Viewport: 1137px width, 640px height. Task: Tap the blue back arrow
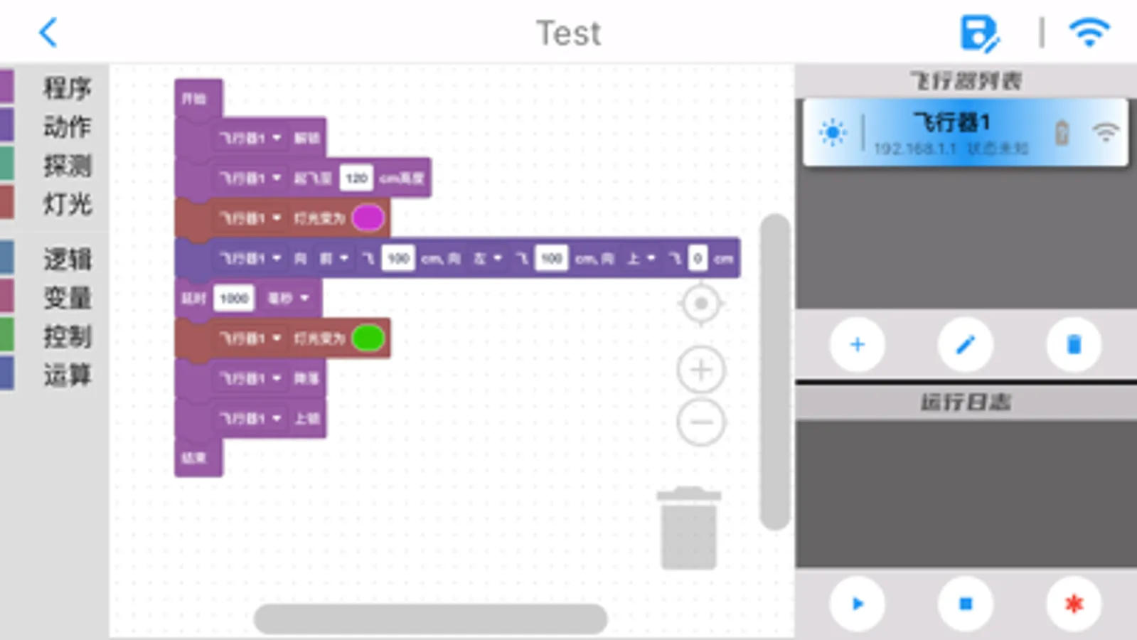[x=48, y=33]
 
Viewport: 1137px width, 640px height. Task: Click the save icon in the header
[x=979, y=33]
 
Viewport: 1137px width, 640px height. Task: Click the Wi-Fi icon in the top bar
[x=1089, y=33]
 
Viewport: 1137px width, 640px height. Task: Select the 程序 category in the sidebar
[x=67, y=88]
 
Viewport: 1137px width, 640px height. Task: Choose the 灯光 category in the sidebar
[x=67, y=205]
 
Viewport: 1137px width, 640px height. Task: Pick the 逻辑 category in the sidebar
[x=67, y=260]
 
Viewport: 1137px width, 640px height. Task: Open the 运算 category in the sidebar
[x=67, y=375]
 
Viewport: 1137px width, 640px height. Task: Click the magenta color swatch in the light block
[x=368, y=218]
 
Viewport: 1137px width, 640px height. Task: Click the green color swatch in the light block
[x=368, y=338]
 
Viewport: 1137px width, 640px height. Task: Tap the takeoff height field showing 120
[x=356, y=178]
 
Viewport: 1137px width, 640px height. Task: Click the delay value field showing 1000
[x=233, y=298]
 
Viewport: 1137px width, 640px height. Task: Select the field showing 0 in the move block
[x=697, y=259]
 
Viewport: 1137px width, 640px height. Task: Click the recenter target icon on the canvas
[x=701, y=304]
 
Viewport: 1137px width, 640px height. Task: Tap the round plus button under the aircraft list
[x=857, y=345]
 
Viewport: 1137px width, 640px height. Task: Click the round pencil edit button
[x=965, y=345]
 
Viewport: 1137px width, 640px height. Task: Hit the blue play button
[x=857, y=604]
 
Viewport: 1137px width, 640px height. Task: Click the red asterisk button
[x=1074, y=604]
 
